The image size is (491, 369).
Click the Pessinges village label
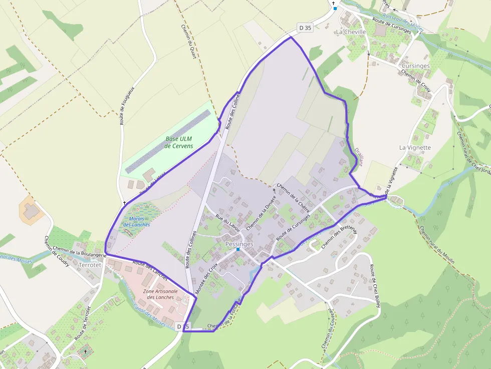coord(239,243)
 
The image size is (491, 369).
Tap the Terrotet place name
coord(90,265)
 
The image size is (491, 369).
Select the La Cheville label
coord(351,32)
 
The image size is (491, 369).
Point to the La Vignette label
coord(415,147)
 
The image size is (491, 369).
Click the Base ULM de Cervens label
coord(179,142)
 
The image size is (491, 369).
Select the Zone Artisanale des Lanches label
coord(158,294)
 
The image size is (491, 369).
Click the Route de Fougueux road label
coord(128,106)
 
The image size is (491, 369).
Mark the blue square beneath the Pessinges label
coord(238,249)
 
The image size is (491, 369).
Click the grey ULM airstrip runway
coord(168,142)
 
